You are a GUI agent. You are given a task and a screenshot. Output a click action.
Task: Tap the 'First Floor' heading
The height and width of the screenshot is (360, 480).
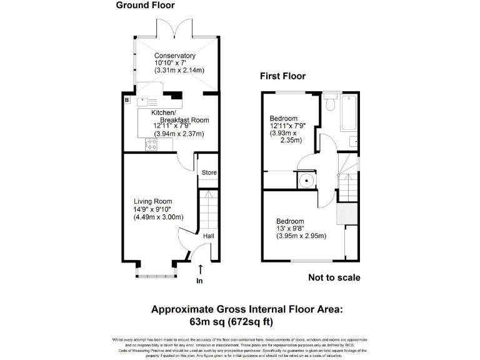[x=282, y=76]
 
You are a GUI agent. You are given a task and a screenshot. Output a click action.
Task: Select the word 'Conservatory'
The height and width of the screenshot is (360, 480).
[x=174, y=54]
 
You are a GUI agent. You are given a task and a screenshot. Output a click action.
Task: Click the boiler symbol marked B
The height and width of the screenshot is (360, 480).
[x=127, y=100]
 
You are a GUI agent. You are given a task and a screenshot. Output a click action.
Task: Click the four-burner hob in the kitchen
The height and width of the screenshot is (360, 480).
[x=152, y=144]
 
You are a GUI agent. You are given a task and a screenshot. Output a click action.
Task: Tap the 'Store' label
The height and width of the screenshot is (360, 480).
[x=209, y=173]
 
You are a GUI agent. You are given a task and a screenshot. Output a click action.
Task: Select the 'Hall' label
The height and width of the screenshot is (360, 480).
[x=208, y=236]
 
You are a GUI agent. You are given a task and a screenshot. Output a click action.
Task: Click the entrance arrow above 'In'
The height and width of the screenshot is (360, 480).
[x=200, y=269]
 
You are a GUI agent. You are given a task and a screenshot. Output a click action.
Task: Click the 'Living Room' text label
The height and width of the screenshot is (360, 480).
[x=152, y=201]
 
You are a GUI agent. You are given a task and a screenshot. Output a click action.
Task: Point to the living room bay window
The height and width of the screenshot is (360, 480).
[x=156, y=271]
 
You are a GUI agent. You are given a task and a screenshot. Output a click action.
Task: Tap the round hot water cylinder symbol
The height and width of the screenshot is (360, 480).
[x=306, y=181]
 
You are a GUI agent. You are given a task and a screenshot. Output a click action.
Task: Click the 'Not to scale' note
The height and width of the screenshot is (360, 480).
[x=334, y=278]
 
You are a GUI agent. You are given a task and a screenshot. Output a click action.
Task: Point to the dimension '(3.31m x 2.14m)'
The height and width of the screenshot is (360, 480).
[x=179, y=71]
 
